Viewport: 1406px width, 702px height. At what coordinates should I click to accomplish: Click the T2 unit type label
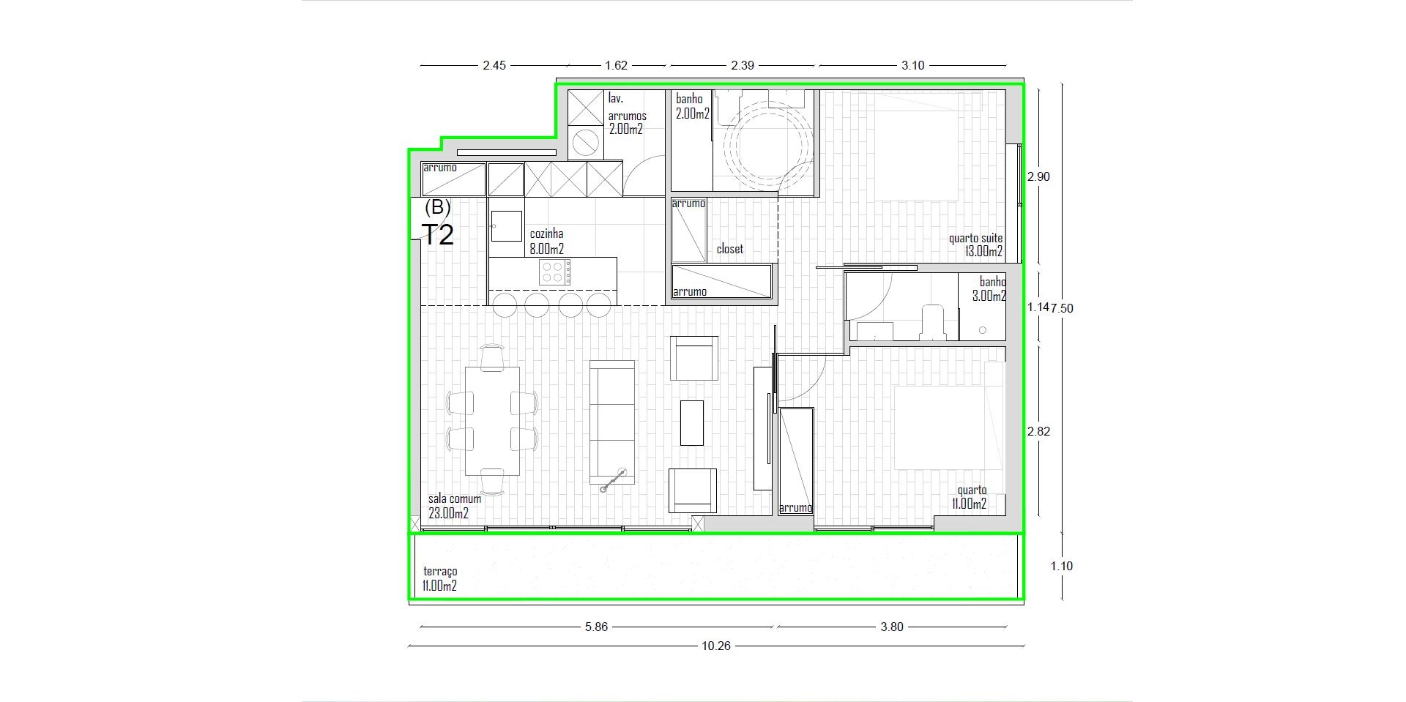(x=438, y=234)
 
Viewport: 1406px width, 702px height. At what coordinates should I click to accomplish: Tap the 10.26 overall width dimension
(x=715, y=646)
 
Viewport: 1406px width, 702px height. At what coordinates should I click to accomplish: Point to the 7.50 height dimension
(x=1062, y=308)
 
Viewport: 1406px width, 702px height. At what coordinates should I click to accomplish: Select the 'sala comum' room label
(x=455, y=499)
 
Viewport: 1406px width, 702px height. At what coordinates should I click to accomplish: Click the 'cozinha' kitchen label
(x=546, y=234)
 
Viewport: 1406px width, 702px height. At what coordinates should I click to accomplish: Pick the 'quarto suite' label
(x=975, y=239)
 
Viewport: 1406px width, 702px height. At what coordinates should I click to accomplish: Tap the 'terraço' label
(x=440, y=572)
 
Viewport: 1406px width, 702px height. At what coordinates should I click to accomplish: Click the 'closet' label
(x=729, y=249)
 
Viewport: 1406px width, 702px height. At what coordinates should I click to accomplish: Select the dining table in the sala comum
(x=493, y=421)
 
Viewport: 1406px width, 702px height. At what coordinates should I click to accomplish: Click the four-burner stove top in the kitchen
(x=555, y=272)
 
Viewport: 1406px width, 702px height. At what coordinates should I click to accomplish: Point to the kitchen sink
(x=506, y=225)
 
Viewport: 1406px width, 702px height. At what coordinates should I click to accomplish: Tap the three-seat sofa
(x=612, y=422)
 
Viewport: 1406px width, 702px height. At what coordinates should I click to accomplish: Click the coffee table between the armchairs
(x=691, y=422)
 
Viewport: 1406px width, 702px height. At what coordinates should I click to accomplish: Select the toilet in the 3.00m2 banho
(x=932, y=323)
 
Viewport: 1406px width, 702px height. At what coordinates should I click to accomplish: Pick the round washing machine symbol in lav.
(x=585, y=143)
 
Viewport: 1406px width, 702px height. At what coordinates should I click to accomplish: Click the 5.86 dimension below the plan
(x=596, y=627)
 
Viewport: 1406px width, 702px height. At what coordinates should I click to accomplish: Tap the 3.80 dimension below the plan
(x=892, y=627)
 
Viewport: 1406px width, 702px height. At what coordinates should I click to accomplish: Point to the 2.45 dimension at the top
(x=494, y=66)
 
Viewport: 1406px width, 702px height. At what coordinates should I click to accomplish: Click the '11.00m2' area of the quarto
(x=969, y=504)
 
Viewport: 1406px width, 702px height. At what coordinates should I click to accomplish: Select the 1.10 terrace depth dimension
(x=1061, y=566)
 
